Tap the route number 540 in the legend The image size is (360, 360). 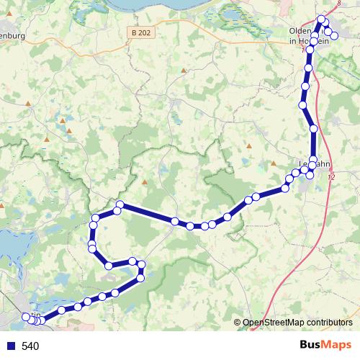pyautogui.click(x=30, y=346)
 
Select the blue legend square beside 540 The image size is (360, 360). pyautogui.click(x=12, y=346)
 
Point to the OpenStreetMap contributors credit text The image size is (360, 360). pyautogui.click(x=297, y=323)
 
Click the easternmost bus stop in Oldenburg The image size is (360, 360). pyautogui.click(x=334, y=35)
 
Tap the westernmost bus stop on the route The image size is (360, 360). pyautogui.click(x=27, y=316)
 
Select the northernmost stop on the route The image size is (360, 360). pyautogui.click(x=321, y=19)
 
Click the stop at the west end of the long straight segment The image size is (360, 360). pyautogui.click(x=120, y=205)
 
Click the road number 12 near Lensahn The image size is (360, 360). pyautogui.click(x=332, y=176)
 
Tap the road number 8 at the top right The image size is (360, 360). pyautogui.click(x=338, y=3)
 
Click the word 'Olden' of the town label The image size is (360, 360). pyautogui.click(x=300, y=32)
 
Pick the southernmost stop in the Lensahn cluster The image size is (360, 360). pyautogui.click(x=310, y=175)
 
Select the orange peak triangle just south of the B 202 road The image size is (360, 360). pyautogui.click(x=184, y=71)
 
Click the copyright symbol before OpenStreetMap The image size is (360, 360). pyautogui.click(x=237, y=323)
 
